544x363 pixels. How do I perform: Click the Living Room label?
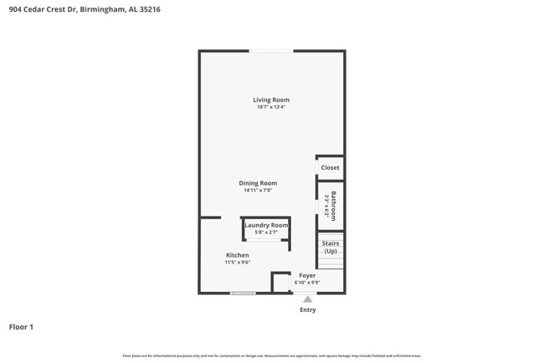pyautogui.click(x=271, y=100)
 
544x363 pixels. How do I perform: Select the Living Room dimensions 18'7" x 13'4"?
pyautogui.click(x=271, y=107)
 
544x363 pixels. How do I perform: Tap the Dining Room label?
pyautogui.click(x=258, y=183)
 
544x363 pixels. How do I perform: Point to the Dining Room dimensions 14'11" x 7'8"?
pyautogui.click(x=258, y=190)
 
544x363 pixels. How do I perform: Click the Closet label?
pyautogui.click(x=331, y=167)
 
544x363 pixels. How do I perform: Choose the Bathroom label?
pyautogui.click(x=333, y=206)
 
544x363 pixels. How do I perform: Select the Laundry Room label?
pyautogui.click(x=266, y=225)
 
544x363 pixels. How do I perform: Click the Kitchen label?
pyautogui.click(x=237, y=255)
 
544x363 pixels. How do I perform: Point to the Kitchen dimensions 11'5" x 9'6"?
pyautogui.click(x=237, y=263)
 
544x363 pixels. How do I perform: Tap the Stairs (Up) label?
pyautogui.click(x=331, y=248)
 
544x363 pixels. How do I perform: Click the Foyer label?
pyautogui.click(x=307, y=275)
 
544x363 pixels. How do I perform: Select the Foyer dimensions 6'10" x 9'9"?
pyautogui.click(x=307, y=283)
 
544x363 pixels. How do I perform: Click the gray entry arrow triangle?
pyautogui.click(x=307, y=299)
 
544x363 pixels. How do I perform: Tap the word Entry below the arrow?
pyautogui.click(x=308, y=310)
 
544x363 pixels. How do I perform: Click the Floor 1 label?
pyautogui.click(x=21, y=327)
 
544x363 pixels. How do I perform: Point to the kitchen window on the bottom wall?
pyautogui.click(x=243, y=293)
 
